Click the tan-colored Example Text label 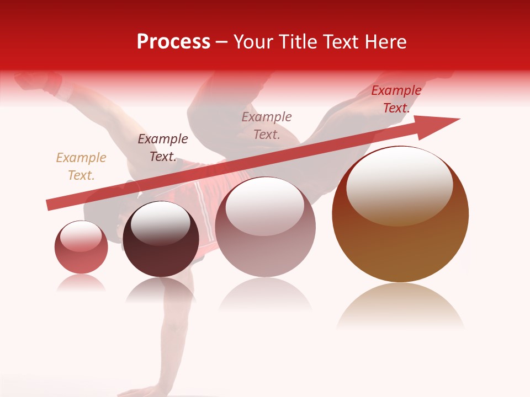pos(81,167)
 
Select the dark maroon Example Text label pos(163,148)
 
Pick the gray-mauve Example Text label pos(267,126)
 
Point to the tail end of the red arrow pos(50,205)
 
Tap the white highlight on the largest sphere pos(399,185)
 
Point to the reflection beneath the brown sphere pos(400,306)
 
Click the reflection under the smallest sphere pos(81,284)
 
